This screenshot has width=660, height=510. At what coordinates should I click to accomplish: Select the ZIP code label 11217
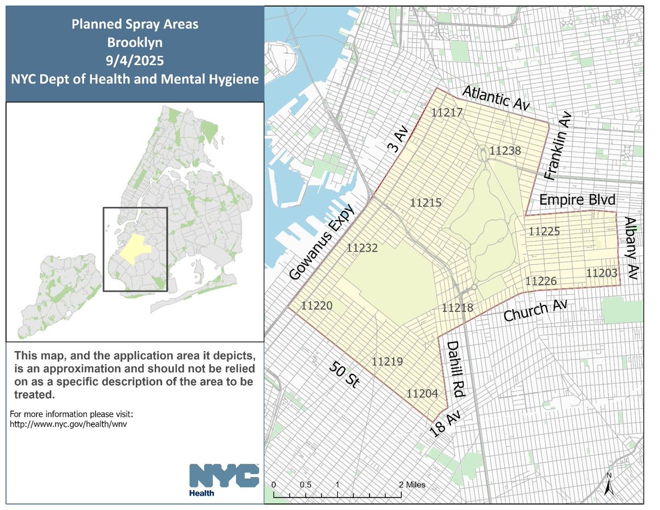tap(447, 112)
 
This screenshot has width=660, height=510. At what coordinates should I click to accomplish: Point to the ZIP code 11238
tap(505, 150)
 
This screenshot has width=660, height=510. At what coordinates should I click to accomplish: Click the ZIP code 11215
tap(426, 203)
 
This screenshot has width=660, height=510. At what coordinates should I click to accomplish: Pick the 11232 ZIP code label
tap(362, 248)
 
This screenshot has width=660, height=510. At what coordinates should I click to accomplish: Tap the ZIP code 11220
tap(317, 305)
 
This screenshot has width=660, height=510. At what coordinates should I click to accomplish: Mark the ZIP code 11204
tap(422, 393)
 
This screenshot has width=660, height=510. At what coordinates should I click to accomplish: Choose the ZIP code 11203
tap(602, 273)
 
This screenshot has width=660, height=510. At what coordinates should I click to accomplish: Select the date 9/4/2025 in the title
tap(135, 60)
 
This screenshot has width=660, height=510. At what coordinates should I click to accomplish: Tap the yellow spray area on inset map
tap(135, 250)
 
